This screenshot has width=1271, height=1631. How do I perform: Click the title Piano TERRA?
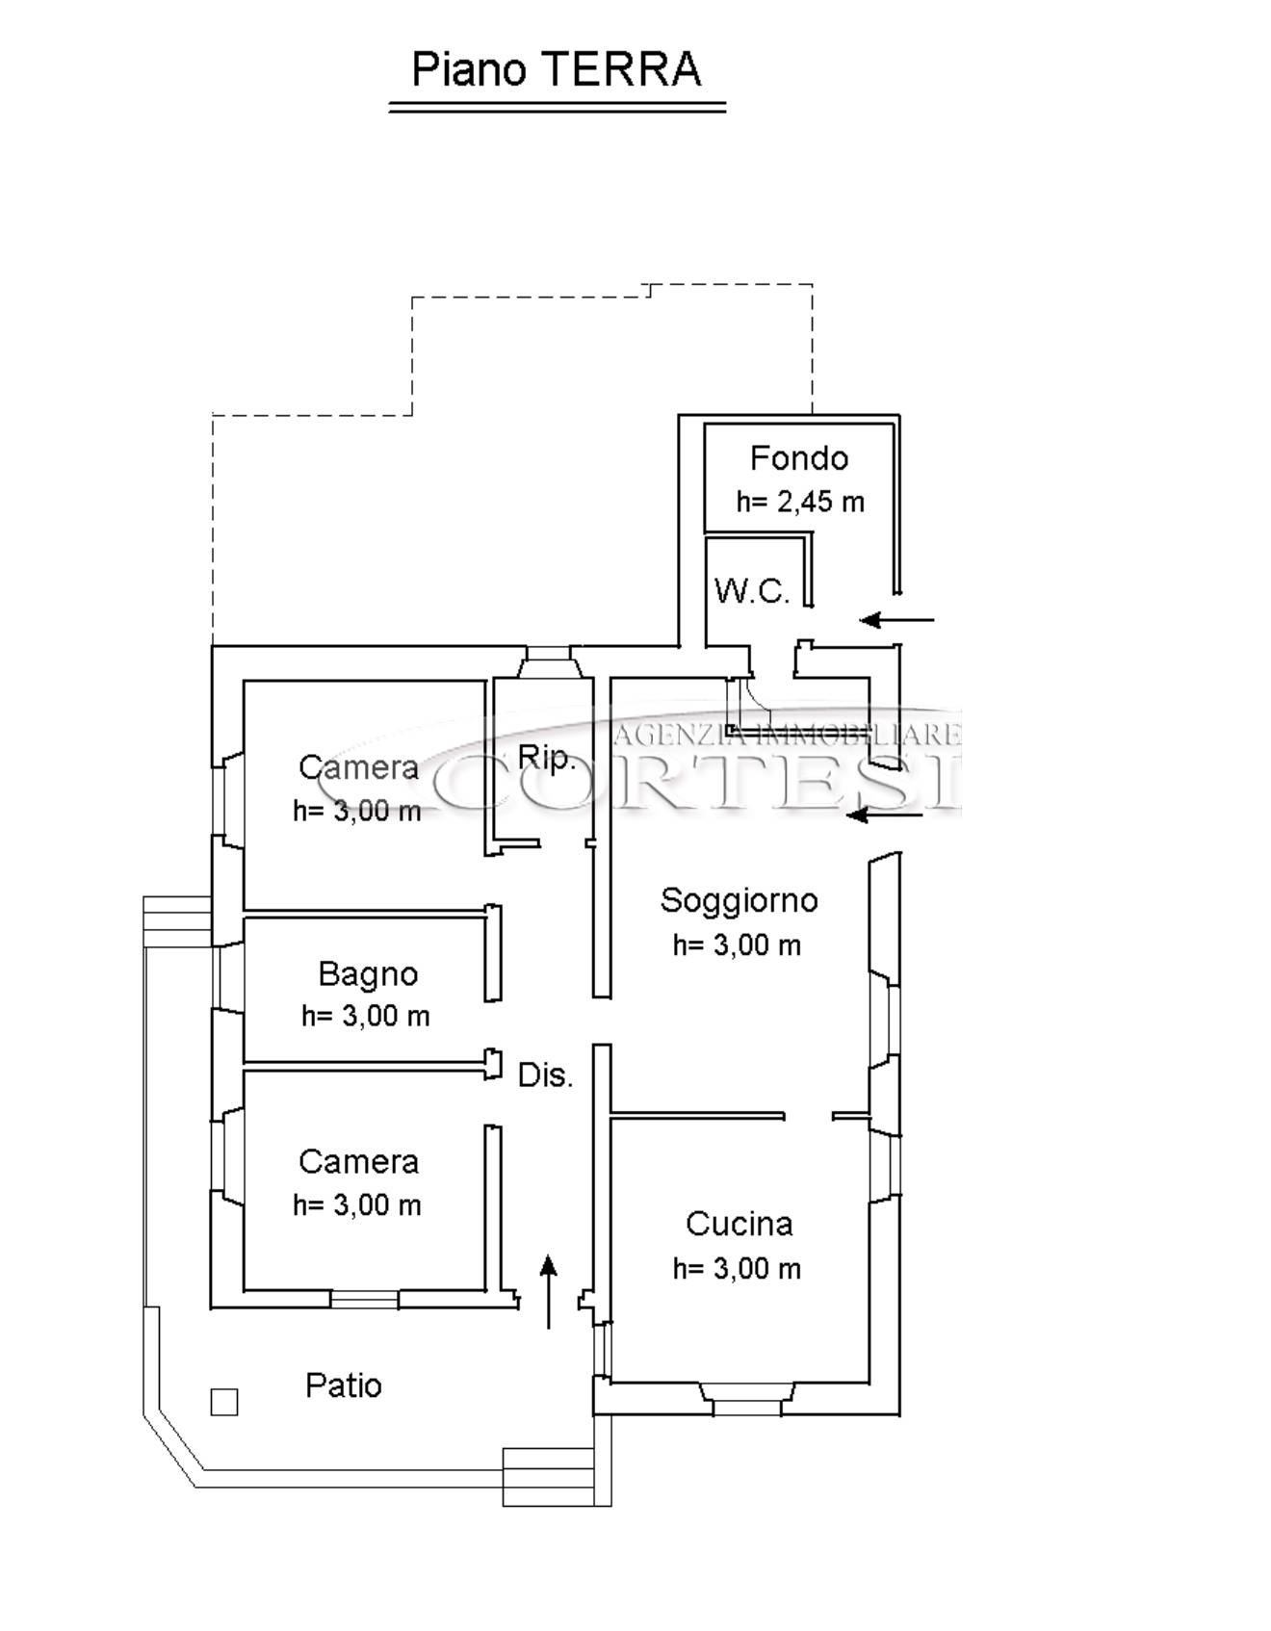[x=557, y=70]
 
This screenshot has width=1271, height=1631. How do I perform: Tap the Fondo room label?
[x=798, y=458]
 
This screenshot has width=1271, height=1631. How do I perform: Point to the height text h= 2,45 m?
[x=800, y=502]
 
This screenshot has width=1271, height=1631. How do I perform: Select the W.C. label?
[x=752, y=590]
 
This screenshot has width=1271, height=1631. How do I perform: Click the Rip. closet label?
[x=546, y=758]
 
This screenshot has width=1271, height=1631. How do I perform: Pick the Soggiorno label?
[x=739, y=901]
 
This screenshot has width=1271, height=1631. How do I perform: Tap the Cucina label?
[x=739, y=1224]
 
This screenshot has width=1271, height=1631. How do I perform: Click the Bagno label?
[x=368, y=974]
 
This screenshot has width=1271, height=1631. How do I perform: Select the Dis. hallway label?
[x=545, y=1075]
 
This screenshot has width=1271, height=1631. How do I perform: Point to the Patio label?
[x=344, y=1385]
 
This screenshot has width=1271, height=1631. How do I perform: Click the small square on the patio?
[x=224, y=1402]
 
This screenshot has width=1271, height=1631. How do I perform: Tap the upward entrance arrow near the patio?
[x=549, y=1291]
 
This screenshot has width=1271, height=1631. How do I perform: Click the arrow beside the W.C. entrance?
[x=896, y=620]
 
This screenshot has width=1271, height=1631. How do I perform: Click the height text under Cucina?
[x=737, y=1269]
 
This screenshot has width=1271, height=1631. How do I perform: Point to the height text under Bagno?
[x=366, y=1017]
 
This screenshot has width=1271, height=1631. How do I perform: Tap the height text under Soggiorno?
[x=737, y=945]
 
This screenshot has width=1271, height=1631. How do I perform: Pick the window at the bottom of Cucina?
[x=746, y=1399]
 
